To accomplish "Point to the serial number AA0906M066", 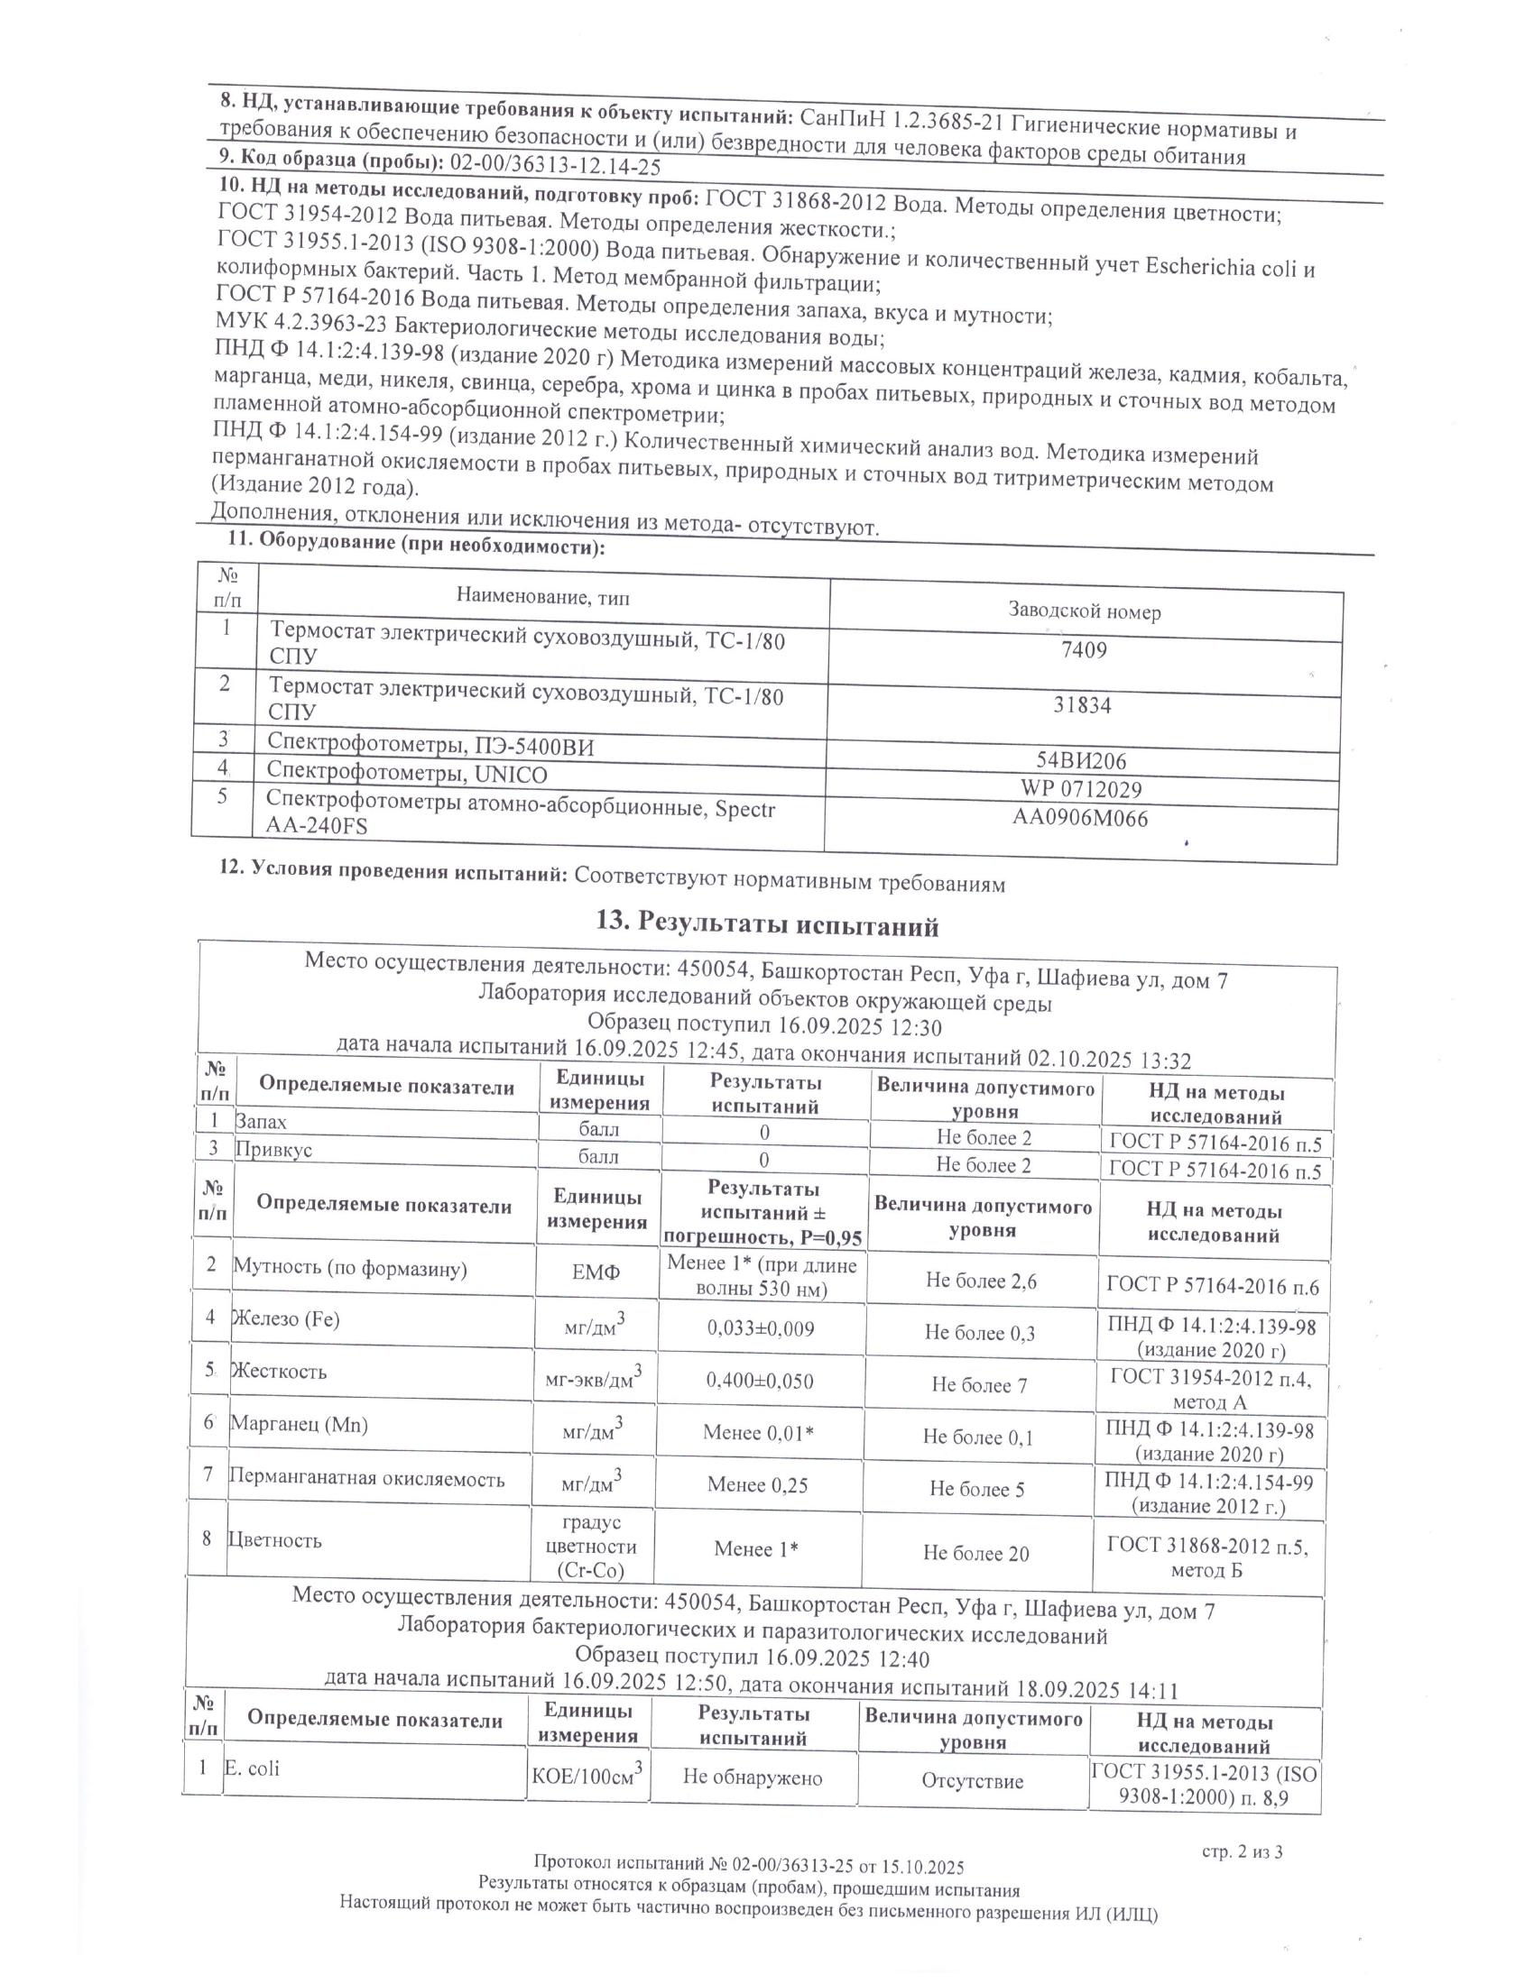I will [1080, 819].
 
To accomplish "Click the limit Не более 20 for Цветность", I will [976, 1554].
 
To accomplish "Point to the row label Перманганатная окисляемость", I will [366, 1478].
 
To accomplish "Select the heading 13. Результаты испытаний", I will [766, 925].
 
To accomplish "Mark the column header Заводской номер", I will [1084, 611].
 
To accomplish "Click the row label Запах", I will [261, 1122].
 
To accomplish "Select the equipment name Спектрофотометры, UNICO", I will [407, 774].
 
